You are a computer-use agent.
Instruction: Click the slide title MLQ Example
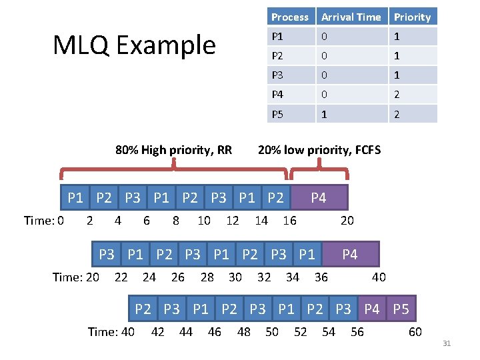[x=134, y=45]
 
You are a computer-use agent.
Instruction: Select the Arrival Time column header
[x=351, y=17]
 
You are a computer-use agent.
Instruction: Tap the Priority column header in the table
[x=412, y=17]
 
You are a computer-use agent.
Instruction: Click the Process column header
[x=290, y=17]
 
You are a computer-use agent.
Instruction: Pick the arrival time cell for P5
[x=351, y=114]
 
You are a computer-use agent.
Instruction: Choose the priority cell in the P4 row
[x=412, y=95]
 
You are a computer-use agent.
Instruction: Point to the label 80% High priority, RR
[x=173, y=149]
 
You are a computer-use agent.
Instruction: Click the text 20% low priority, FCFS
[x=319, y=149]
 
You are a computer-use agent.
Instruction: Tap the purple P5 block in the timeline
[x=401, y=309]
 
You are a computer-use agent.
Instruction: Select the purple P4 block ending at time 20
[x=319, y=198]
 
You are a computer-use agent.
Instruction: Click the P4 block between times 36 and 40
[x=349, y=254]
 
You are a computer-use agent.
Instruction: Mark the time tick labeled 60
[x=415, y=331]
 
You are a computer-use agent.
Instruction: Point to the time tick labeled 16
[x=289, y=221]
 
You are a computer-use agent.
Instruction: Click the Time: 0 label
[x=44, y=221]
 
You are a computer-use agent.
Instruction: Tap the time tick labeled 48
[x=244, y=331]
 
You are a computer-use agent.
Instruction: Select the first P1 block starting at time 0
[x=75, y=198]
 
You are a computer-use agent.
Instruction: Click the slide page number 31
[x=447, y=343]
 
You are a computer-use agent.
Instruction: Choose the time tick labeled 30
[x=235, y=277]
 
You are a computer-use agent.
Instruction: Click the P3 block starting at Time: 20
[x=107, y=254]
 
